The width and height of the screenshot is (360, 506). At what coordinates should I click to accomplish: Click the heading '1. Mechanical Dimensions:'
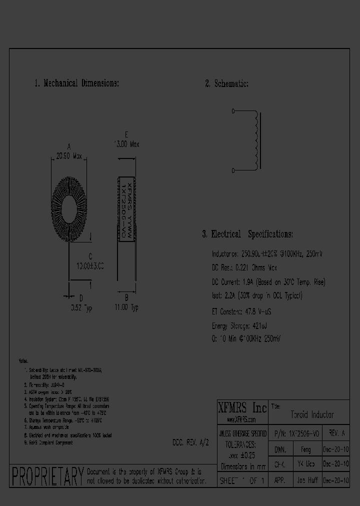76,83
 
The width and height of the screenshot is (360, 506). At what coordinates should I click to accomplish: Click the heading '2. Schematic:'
226,83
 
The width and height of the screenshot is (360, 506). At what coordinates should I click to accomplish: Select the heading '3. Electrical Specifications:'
247,234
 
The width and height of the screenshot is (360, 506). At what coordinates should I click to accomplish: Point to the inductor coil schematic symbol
257,141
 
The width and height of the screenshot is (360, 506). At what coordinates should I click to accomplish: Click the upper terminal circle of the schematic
234,113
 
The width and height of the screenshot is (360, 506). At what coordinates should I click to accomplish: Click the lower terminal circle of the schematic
234,170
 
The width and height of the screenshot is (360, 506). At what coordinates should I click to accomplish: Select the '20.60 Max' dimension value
69,156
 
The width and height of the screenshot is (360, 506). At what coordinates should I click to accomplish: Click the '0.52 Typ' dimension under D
80,308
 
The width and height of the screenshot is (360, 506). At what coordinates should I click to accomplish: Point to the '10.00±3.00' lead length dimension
90,266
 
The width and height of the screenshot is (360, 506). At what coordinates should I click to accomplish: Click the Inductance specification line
267,254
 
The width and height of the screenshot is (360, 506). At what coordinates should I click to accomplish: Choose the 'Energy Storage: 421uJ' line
240,325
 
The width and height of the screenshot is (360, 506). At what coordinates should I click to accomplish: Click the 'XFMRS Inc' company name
242,406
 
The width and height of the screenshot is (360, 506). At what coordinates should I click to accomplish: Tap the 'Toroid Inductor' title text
312,415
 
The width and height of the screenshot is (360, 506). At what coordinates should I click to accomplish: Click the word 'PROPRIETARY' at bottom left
47,477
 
